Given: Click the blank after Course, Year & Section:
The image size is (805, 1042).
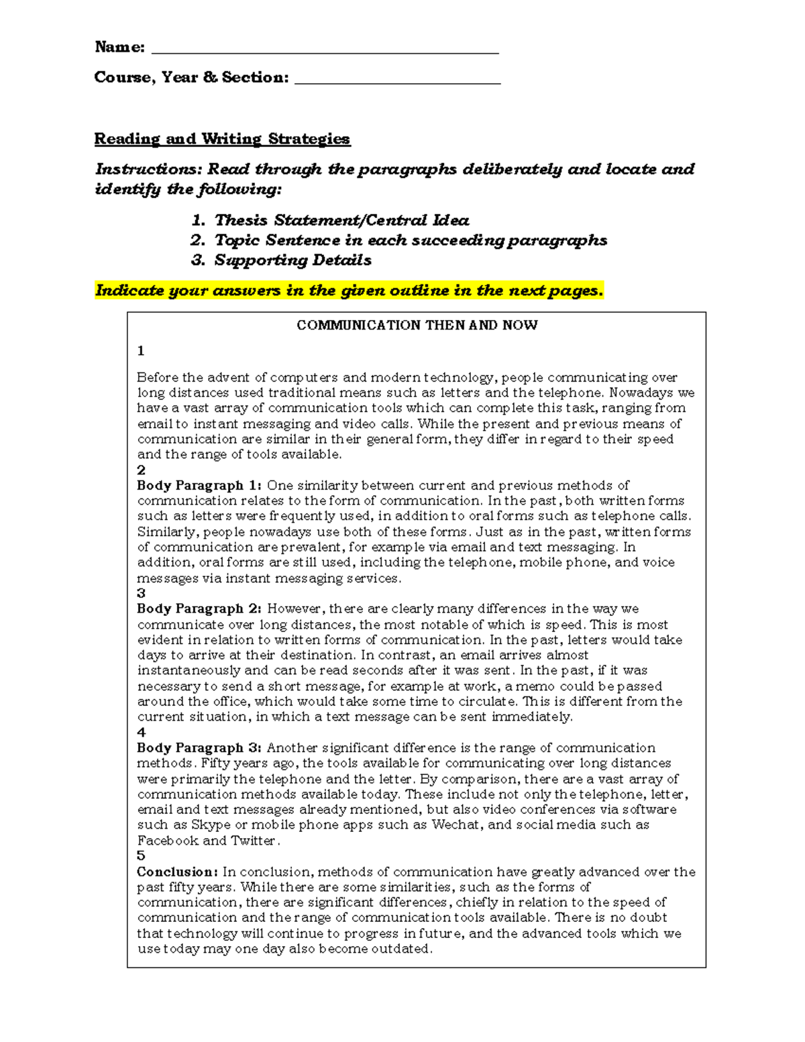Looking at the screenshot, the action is click(x=397, y=80).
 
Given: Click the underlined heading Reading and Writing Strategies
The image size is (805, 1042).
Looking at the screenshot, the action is click(x=222, y=139).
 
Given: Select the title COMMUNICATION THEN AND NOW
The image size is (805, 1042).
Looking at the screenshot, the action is click(x=417, y=325).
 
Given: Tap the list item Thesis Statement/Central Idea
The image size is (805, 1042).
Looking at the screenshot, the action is click(x=341, y=220).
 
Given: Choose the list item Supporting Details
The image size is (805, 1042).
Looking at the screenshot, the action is click(x=292, y=260).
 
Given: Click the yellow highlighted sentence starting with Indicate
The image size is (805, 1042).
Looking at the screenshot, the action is click(x=349, y=291).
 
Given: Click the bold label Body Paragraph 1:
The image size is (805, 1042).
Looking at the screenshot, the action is click(x=199, y=485).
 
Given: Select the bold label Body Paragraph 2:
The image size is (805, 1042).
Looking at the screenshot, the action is click(x=199, y=609).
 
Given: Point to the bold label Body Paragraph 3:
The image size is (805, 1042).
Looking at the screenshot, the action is click(x=199, y=747).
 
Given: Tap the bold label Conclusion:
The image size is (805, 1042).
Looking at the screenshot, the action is click(x=177, y=872).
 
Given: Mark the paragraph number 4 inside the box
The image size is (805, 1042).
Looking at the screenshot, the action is click(x=141, y=732).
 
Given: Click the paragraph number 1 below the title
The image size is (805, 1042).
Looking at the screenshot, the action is click(x=140, y=351).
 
